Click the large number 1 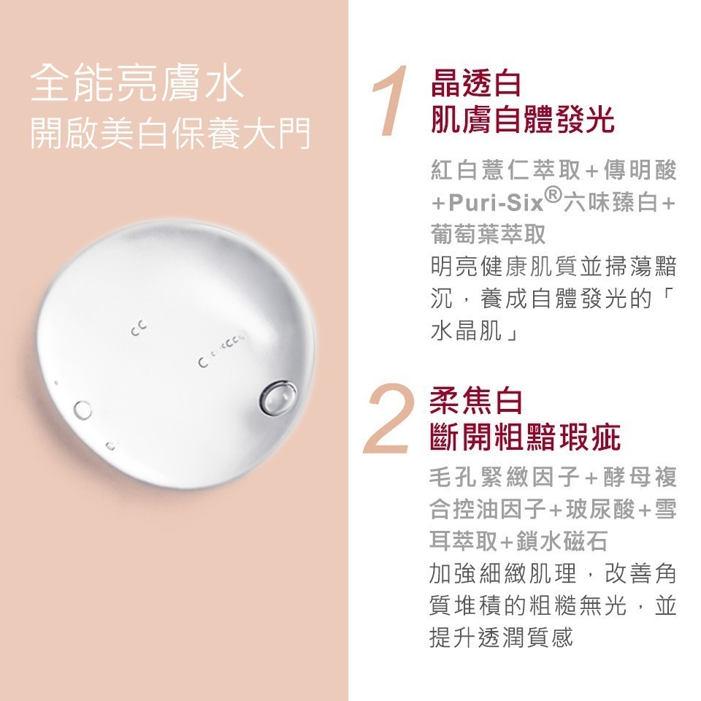(390, 100)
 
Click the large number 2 (387, 418)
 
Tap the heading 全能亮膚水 (137, 83)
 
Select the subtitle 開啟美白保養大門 (170, 133)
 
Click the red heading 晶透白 (475, 83)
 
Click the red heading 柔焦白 (475, 401)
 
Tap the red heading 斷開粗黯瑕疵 (525, 437)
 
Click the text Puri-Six (495, 204)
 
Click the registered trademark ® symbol (553, 196)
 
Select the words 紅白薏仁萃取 (505, 170)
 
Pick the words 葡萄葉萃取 (489, 234)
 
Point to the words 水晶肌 (466, 330)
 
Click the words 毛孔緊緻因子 (505, 477)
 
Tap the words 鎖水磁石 (562, 541)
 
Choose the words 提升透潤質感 (501, 637)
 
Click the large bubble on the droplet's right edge (278, 397)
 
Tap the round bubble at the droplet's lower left (83, 410)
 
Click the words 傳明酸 (640, 170)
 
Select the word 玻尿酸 (600, 509)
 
